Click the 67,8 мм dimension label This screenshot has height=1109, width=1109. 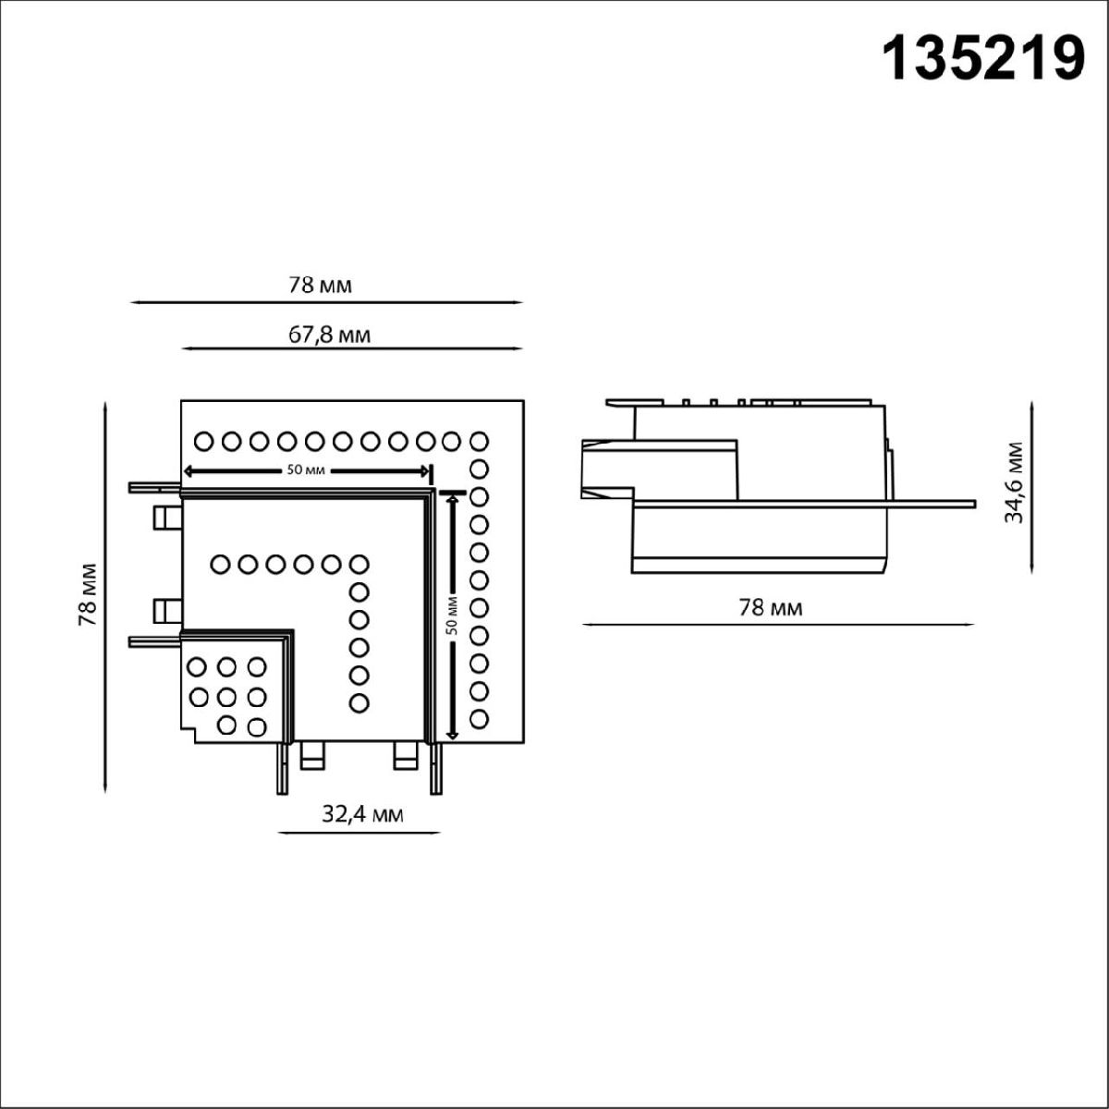329,335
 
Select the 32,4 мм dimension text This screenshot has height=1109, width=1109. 362,814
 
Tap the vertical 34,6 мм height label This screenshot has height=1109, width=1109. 1015,481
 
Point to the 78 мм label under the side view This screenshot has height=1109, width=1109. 770,607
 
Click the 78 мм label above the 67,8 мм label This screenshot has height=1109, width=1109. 321,285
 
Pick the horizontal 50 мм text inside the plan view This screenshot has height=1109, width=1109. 305,470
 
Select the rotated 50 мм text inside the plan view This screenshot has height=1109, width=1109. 452,614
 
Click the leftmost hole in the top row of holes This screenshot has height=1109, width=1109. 204,441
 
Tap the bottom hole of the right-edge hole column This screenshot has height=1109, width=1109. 479,718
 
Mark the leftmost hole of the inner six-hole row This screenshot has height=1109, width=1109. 221,562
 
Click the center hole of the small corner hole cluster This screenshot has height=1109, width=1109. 226,695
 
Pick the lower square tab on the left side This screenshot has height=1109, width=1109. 166,610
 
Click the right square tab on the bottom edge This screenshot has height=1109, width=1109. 406,755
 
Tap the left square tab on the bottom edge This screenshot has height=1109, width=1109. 313,755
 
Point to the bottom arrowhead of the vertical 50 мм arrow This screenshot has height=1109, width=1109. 452,735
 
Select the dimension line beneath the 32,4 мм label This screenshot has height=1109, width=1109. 359,833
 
